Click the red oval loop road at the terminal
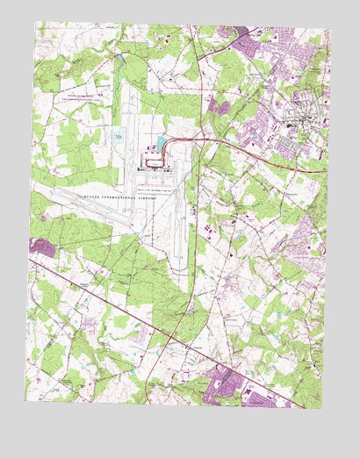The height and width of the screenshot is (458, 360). point(155,159)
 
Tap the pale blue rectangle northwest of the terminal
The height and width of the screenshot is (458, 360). point(118,137)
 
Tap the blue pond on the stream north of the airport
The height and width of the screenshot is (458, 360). point(118,60)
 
